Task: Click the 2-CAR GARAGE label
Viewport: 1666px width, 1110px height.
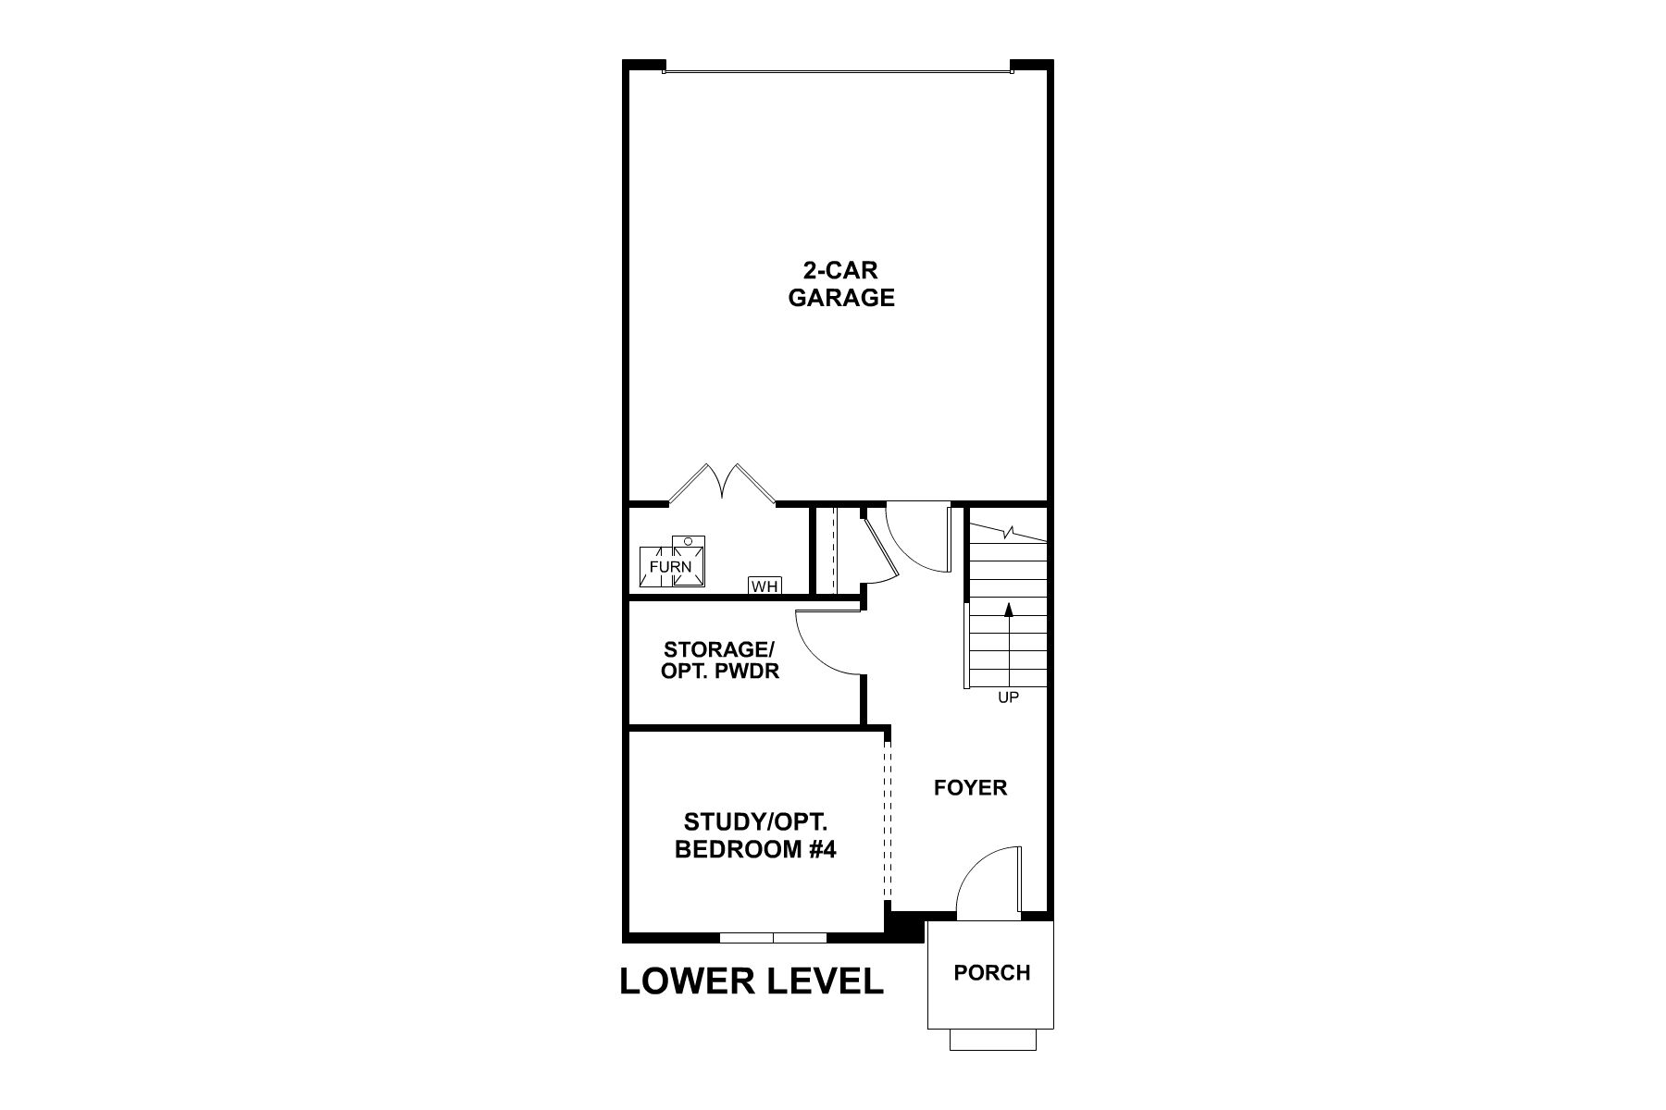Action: click(840, 284)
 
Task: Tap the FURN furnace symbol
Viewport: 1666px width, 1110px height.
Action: click(671, 565)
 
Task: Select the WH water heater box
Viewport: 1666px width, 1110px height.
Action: click(765, 586)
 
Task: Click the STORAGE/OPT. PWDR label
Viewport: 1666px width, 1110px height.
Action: click(719, 660)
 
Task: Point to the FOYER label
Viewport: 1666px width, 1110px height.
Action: click(970, 787)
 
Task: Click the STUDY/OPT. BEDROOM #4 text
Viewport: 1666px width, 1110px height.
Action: click(755, 835)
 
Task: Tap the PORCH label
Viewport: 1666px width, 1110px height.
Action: click(991, 972)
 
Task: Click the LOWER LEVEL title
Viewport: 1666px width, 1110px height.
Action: click(751, 981)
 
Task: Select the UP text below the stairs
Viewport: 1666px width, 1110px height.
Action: click(1008, 697)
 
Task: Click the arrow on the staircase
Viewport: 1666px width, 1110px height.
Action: click(1009, 609)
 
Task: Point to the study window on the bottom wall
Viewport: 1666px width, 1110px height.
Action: click(773, 937)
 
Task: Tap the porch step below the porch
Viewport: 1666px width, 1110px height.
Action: click(990, 1040)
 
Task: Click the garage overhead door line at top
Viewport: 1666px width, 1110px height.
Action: click(838, 68)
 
